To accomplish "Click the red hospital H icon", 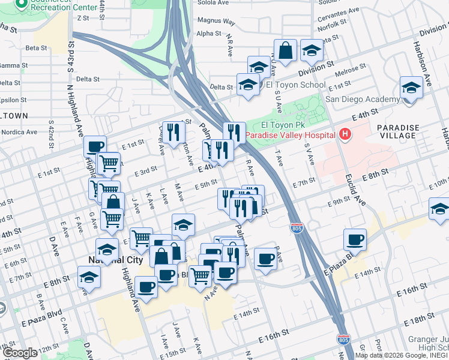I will pyautogui.click(x=345, y=135).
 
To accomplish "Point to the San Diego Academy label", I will pyautogui.click(x=362, y=99).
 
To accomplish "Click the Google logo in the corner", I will pyautogui.click(x=20, y=353).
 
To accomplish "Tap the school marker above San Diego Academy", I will pyautogui.click(x=411, y=87).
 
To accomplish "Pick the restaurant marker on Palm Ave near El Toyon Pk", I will pyautogui.click(x=234, y=131).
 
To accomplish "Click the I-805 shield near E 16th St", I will pyautogui.click(x=343, y=340).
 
